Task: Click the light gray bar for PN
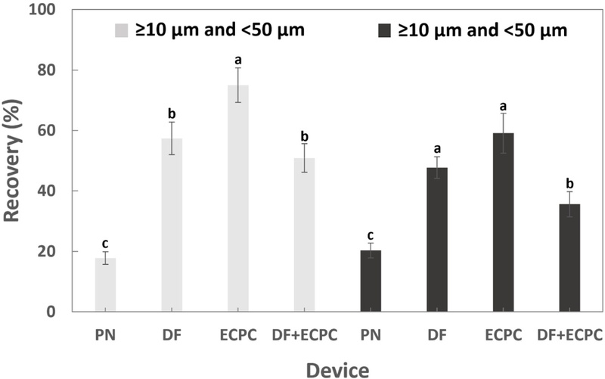[105, 285]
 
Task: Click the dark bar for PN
[371, 281]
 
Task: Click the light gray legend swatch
[121, 30]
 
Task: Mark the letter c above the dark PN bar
[371, 232]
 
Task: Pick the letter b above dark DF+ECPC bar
[569, 181]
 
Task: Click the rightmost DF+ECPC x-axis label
[569, 334]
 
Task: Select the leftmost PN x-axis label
[105, 334]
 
